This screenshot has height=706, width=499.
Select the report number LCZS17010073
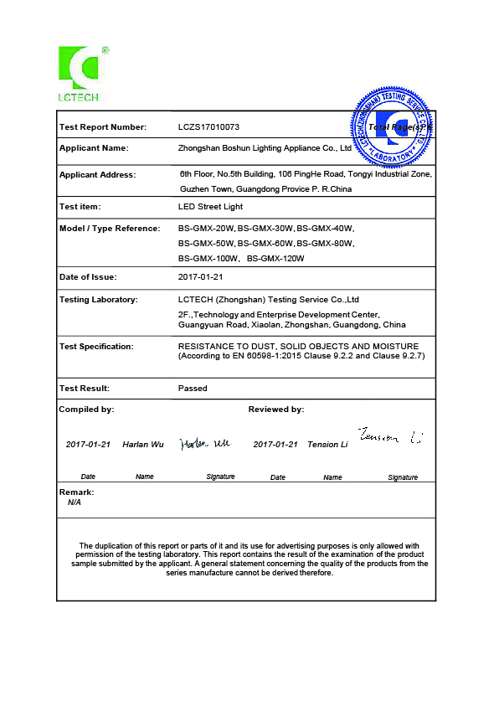coord(208,127)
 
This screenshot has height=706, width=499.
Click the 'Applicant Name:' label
coord(94,147)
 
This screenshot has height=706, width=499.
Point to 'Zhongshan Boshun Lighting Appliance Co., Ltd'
coord(265,147)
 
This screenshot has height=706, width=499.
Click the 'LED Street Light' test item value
coord(209,206)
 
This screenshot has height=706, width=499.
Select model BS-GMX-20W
coord(206,229)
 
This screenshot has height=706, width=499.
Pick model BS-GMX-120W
coord(275,259)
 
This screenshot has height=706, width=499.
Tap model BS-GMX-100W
coord(208,259)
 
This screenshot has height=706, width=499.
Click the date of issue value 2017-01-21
coord(200,277)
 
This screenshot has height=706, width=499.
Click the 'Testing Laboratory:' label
coord(99,299)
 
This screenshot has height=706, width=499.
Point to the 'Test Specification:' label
coord(96,346)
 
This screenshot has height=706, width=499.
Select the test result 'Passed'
coord(193,389)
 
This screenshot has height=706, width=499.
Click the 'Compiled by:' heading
coord(86,410)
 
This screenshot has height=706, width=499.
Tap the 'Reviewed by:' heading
coord(276,410)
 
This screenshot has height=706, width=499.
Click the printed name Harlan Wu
coord(143,445)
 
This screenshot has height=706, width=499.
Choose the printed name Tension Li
coord(327,445)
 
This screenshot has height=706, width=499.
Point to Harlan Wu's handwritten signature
coord(204,444)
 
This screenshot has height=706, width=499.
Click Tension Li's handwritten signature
coord(389,436)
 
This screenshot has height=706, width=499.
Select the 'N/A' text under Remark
coord(75,503)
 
